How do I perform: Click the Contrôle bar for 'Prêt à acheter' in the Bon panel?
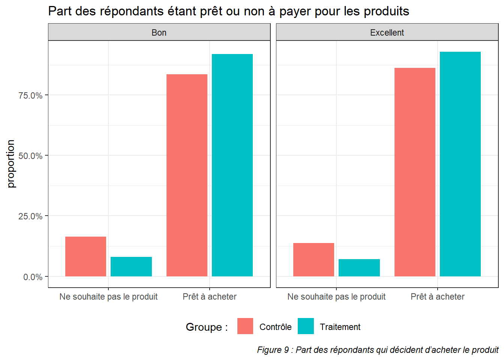[187, 175]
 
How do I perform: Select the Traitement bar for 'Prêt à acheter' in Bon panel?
[232, 165]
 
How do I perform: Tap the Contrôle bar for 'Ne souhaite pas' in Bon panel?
[85, 256]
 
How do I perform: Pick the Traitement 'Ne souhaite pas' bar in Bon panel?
[131, 267]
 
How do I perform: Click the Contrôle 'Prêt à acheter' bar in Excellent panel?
[415, 172]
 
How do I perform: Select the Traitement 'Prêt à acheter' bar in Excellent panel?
[460, 164]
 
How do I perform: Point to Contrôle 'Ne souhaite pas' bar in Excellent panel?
[313, 259]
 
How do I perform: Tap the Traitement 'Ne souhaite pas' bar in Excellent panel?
[359, 268]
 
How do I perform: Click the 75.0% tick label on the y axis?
[30, 96]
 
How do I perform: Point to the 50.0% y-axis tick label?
[30, 156]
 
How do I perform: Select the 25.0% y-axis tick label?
[30, 216]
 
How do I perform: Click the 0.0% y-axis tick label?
[33, 277]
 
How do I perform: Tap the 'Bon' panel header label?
[159, 33]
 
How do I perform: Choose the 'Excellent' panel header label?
[387, 33]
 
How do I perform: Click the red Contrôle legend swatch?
[245, 326]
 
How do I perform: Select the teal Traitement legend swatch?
[306, 326]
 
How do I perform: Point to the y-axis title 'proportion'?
[11, 164]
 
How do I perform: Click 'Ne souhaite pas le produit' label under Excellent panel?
[336, 297]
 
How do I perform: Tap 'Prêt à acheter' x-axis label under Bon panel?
[210, 297]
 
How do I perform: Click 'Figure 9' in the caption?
[273, 350]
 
